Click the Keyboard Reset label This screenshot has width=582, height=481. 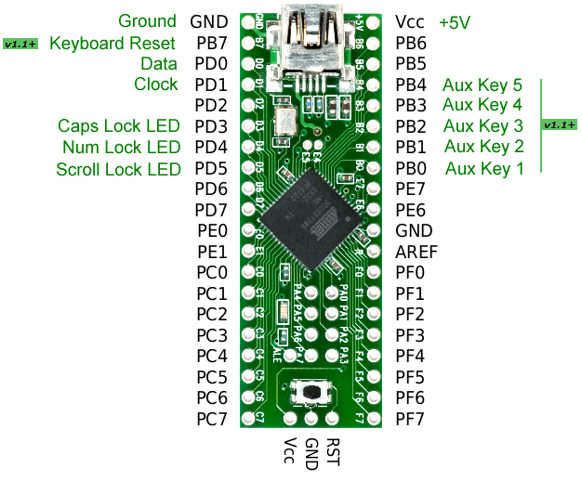coord(112,43)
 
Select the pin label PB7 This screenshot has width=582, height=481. coord(211,43)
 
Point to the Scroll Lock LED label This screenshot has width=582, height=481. coord(117,168)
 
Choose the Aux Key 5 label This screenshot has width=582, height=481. coord(483,84)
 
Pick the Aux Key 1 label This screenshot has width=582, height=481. coord(484,168)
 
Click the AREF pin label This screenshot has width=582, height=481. coord(416,252)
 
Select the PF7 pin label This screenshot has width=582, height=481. coord(410,419)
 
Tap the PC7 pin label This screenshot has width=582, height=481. coord(211,419)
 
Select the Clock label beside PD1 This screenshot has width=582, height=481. coord(155,84)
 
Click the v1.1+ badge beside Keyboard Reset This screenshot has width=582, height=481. coord(20,44)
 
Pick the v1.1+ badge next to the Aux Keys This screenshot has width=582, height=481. coord(559,125)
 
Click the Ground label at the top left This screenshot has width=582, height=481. coord(147,21)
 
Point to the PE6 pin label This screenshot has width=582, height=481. coord(410,210)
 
